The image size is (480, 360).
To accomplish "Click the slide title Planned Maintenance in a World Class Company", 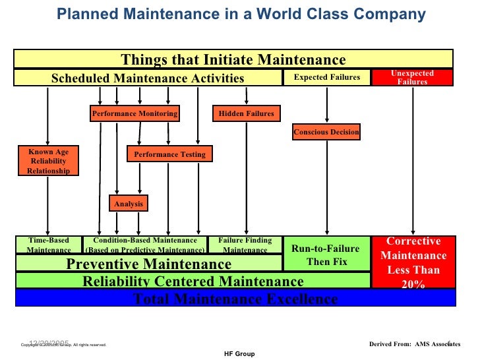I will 241,15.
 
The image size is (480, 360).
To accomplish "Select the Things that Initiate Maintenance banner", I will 233,60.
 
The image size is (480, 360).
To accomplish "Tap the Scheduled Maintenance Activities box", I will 148,78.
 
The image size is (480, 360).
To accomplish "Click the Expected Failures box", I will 327,78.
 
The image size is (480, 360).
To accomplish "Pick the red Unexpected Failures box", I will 412,78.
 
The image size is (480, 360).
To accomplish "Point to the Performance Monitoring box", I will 135,113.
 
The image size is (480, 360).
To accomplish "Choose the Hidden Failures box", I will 246,113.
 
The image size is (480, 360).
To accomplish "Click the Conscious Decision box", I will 326,133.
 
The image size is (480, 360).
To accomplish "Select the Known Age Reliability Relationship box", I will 48,162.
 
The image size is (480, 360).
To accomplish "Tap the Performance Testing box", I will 169,154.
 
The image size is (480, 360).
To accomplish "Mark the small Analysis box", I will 129,204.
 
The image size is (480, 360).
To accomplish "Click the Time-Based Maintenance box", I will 49,245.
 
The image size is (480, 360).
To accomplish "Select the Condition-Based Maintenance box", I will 145,245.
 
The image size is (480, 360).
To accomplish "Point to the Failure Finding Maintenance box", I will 245,245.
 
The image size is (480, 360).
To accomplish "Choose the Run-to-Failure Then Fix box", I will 326,255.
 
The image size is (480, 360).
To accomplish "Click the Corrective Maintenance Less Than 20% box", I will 413,263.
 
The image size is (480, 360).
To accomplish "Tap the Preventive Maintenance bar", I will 149,264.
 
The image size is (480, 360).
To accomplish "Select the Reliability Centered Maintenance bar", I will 193,282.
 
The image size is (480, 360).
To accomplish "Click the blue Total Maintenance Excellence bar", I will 235,299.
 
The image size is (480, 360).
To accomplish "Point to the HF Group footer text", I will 240,354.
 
